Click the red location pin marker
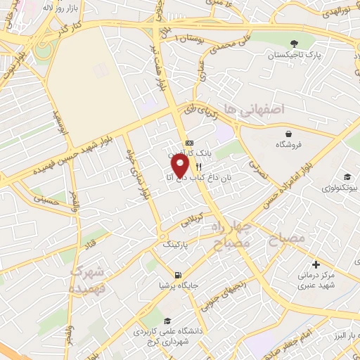tap(181, 165)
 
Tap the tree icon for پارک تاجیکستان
tap(293, 43)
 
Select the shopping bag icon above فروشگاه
tap(288, 134)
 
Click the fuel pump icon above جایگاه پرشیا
tap(178, 275)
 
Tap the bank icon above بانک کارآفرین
tap(188, 143)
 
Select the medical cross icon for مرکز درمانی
tap(316, 265)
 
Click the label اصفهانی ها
tap(253, 110)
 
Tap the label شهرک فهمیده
tap(87, 279)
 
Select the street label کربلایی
tap(194, 219)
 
